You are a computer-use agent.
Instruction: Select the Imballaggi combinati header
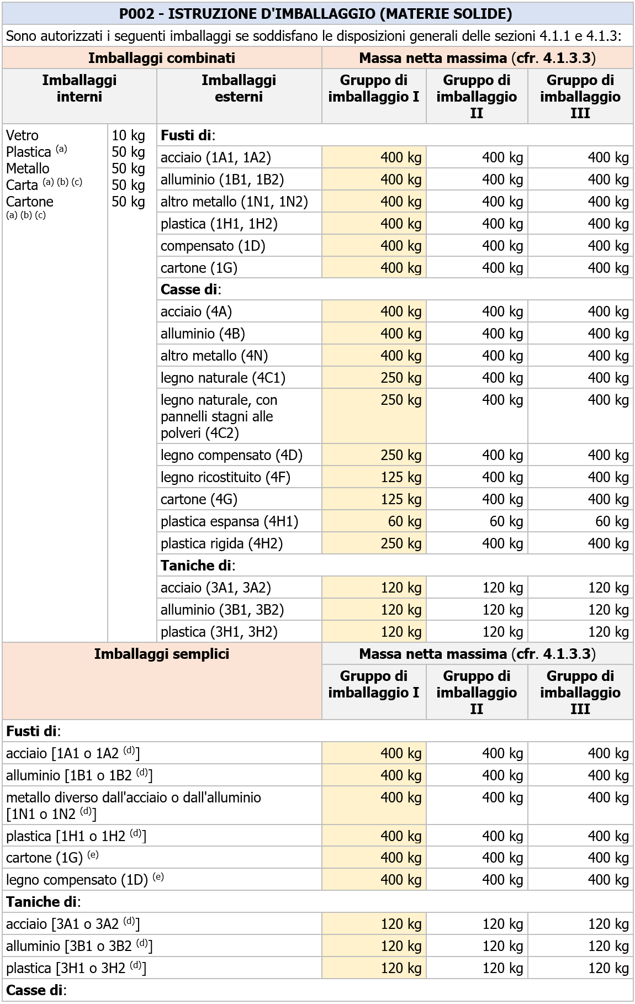161,58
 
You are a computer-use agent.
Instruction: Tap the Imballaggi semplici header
161,654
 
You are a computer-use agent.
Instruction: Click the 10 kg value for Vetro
128,135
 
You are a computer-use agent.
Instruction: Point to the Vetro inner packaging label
23,135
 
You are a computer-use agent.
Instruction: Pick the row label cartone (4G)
199,499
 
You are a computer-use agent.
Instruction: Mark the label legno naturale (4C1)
223,378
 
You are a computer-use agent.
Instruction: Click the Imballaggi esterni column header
239,88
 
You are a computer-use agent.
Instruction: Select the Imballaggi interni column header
79,88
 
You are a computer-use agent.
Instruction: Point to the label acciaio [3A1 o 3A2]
73,924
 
